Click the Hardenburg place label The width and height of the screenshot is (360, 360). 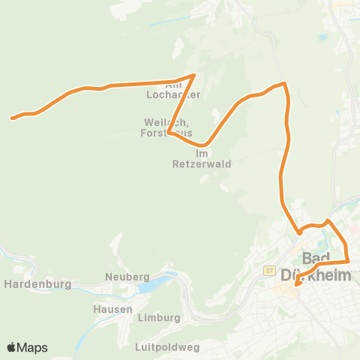coord(37,285)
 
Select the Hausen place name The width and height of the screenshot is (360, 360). coord(113,309)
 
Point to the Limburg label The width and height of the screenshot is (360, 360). coord(160,318)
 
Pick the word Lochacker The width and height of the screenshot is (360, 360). coord(174,96)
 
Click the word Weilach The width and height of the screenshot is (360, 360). coord(160,122)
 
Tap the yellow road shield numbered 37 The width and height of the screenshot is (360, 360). coord(269,270)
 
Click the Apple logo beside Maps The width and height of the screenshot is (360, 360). coord(12,347)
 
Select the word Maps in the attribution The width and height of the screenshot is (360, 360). coord(32,347)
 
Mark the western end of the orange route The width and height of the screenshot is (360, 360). coord(12,118)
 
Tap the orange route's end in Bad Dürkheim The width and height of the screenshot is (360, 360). coord(297,284)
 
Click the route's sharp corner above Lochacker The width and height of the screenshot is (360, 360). coord(194,75)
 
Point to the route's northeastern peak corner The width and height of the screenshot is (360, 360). coord(284,83)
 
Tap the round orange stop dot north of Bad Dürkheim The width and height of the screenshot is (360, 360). coord(298,231)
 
